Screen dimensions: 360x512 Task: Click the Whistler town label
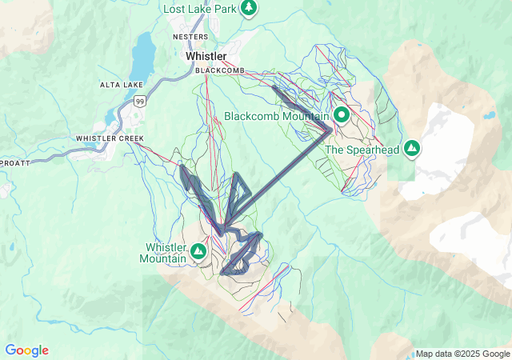(x=206, y=57)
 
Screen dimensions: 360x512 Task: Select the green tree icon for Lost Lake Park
(x=249, y=8)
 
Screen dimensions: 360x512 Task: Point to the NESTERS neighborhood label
(x=191, y=37)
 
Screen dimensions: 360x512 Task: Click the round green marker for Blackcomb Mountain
(x=342, y=115)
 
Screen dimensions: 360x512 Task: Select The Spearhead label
(x=362, y=149)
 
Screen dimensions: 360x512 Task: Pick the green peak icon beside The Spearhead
(x=411, y=148)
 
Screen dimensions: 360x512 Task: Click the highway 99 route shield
(x=140, y=101)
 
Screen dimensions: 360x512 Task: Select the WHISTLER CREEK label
(x=110, y=138)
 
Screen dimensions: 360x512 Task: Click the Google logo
(x=26, y=350)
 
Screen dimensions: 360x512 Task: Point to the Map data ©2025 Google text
(x=462, y=354)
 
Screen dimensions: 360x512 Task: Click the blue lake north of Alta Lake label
(x=145, y=54)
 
